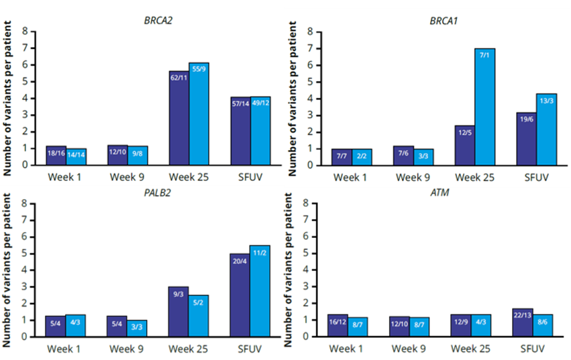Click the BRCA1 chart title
point(444,21)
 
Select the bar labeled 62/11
point(179,118)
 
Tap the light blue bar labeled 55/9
point(199,114)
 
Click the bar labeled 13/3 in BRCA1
point(545,130)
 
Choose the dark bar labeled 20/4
point(240,295)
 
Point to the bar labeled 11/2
point(260,291)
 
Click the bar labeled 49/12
point(260,131)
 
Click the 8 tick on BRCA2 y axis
point(25,32)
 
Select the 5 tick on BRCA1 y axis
point(311,82)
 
